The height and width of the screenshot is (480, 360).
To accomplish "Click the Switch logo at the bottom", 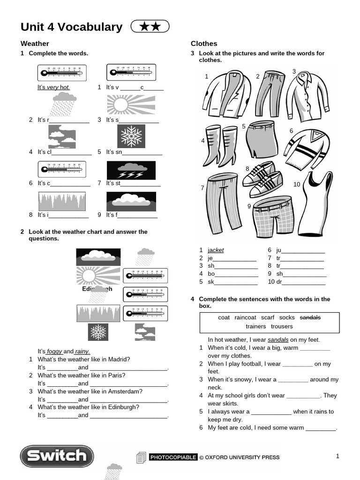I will (56, 456).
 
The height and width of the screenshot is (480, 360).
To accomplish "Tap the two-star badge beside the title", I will (150, 27).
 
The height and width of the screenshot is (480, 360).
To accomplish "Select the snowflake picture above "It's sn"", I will (131, 136).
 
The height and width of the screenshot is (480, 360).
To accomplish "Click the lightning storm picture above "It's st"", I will (130, 170).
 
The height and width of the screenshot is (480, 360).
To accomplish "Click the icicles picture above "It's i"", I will (61, 202).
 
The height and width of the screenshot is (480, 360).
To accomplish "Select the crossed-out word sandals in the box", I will (310, 318).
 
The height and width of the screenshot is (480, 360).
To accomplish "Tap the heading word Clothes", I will (204, 44).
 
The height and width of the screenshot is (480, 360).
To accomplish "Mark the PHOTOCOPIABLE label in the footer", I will (173, 457).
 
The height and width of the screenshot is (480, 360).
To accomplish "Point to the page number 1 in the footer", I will (337, 456).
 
